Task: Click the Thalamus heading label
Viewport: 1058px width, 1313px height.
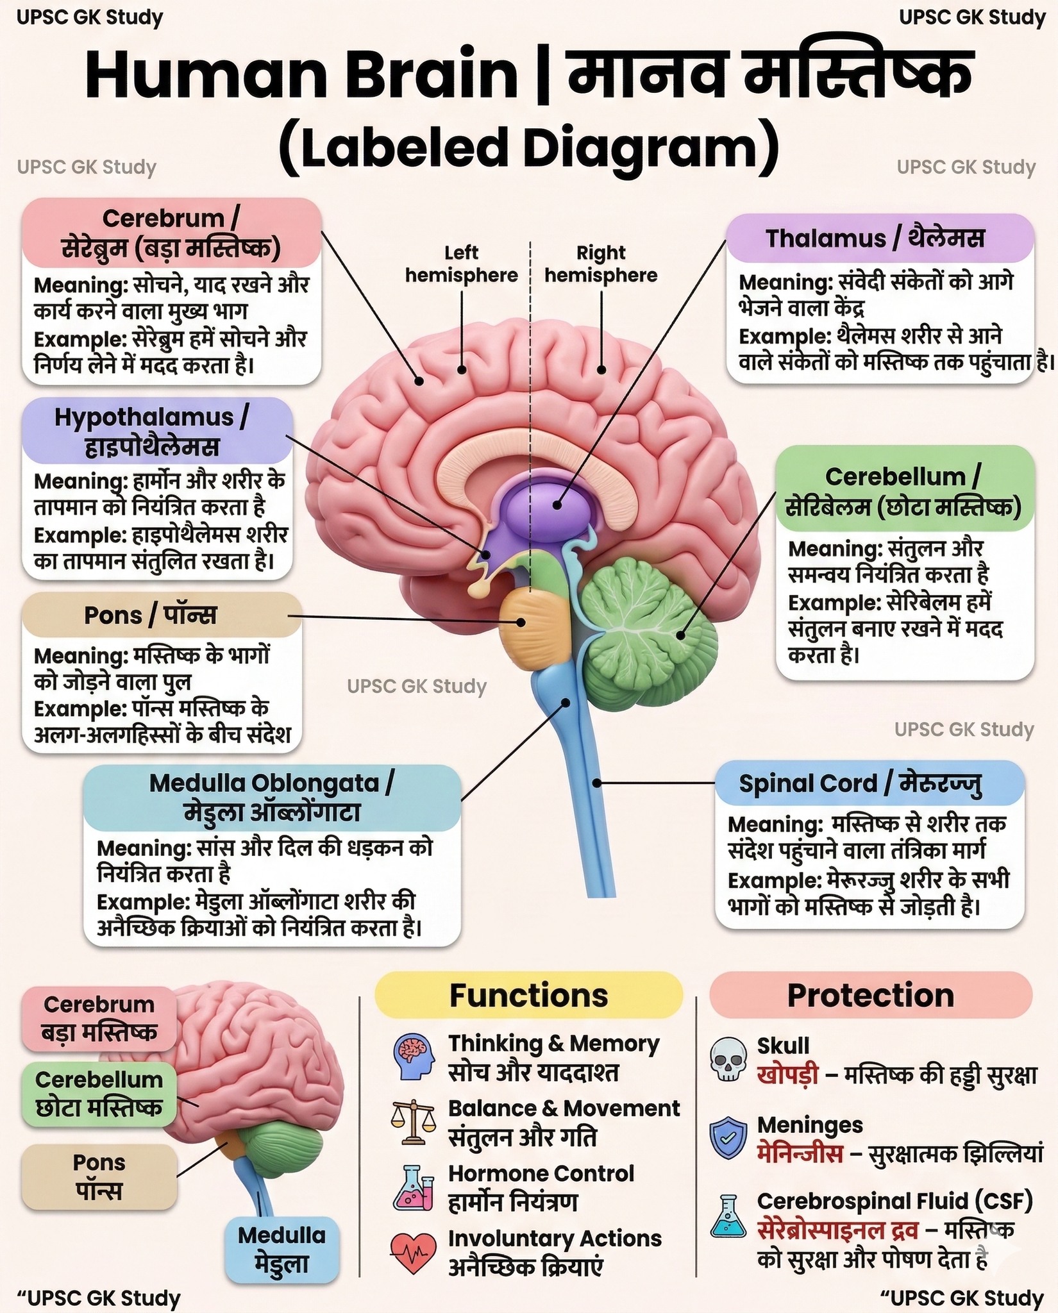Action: click(x=876, y=238)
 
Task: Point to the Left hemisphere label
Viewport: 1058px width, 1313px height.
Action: click(x=461, y=264)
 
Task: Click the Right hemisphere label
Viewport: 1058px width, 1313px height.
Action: click(x=601, y=264)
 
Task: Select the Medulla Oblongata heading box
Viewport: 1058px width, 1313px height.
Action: click(x=272, y=798)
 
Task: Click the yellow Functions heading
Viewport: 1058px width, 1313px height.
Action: click(x=529, y=996)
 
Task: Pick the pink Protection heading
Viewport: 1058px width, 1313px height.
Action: click(x=871, y=996)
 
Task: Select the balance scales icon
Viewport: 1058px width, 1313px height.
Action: click(x=414, y=1123)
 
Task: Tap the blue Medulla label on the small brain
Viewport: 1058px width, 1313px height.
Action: click(x=282, y=1250)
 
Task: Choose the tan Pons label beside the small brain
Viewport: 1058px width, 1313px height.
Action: click(x=99, y=1178)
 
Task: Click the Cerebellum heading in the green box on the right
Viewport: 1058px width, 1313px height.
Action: click(x=903, y=477)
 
